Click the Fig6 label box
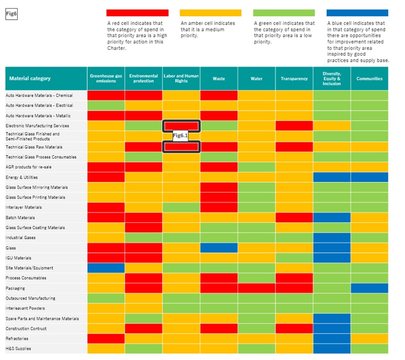tap(12, 14)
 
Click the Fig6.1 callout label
tap(180, 136)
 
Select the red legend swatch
tap(137, 13)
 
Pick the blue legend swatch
tap(357, 13)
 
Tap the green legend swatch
tap(284, 13)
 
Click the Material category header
tap(30, 78)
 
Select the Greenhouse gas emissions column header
tap(106, 78)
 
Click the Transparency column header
tap(294, 78)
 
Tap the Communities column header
tap(370, 78)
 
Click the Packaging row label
tap(15, 288)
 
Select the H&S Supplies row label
tap(18, 348)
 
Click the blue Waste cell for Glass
tap(219, 248)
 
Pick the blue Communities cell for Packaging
tap(370, 288)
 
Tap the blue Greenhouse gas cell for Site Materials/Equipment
tap(106, 268)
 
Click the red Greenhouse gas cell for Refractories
tap(106, 338)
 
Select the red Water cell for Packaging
tap(256, 288)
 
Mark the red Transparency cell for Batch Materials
tap(294, 217)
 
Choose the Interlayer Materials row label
tap(23, 207)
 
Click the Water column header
tap(256, 78)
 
